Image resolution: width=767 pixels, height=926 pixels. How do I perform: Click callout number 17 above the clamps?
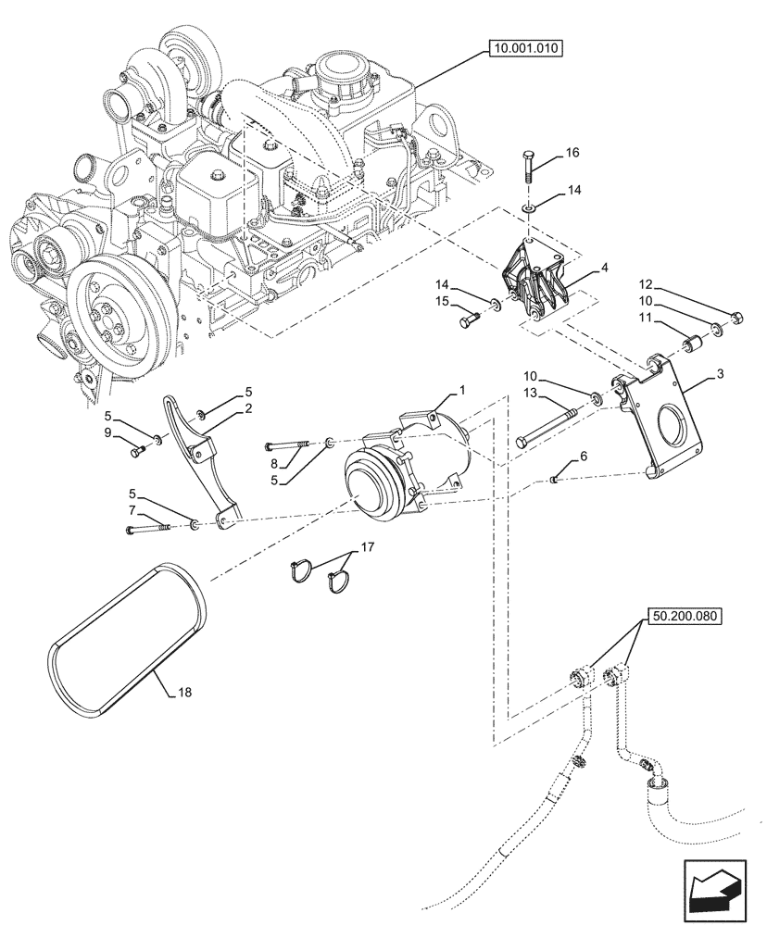coord(366,546)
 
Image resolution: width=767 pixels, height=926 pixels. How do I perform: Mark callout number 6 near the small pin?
coord(583,457)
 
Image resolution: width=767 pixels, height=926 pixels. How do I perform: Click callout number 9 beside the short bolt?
coord(108,432)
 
